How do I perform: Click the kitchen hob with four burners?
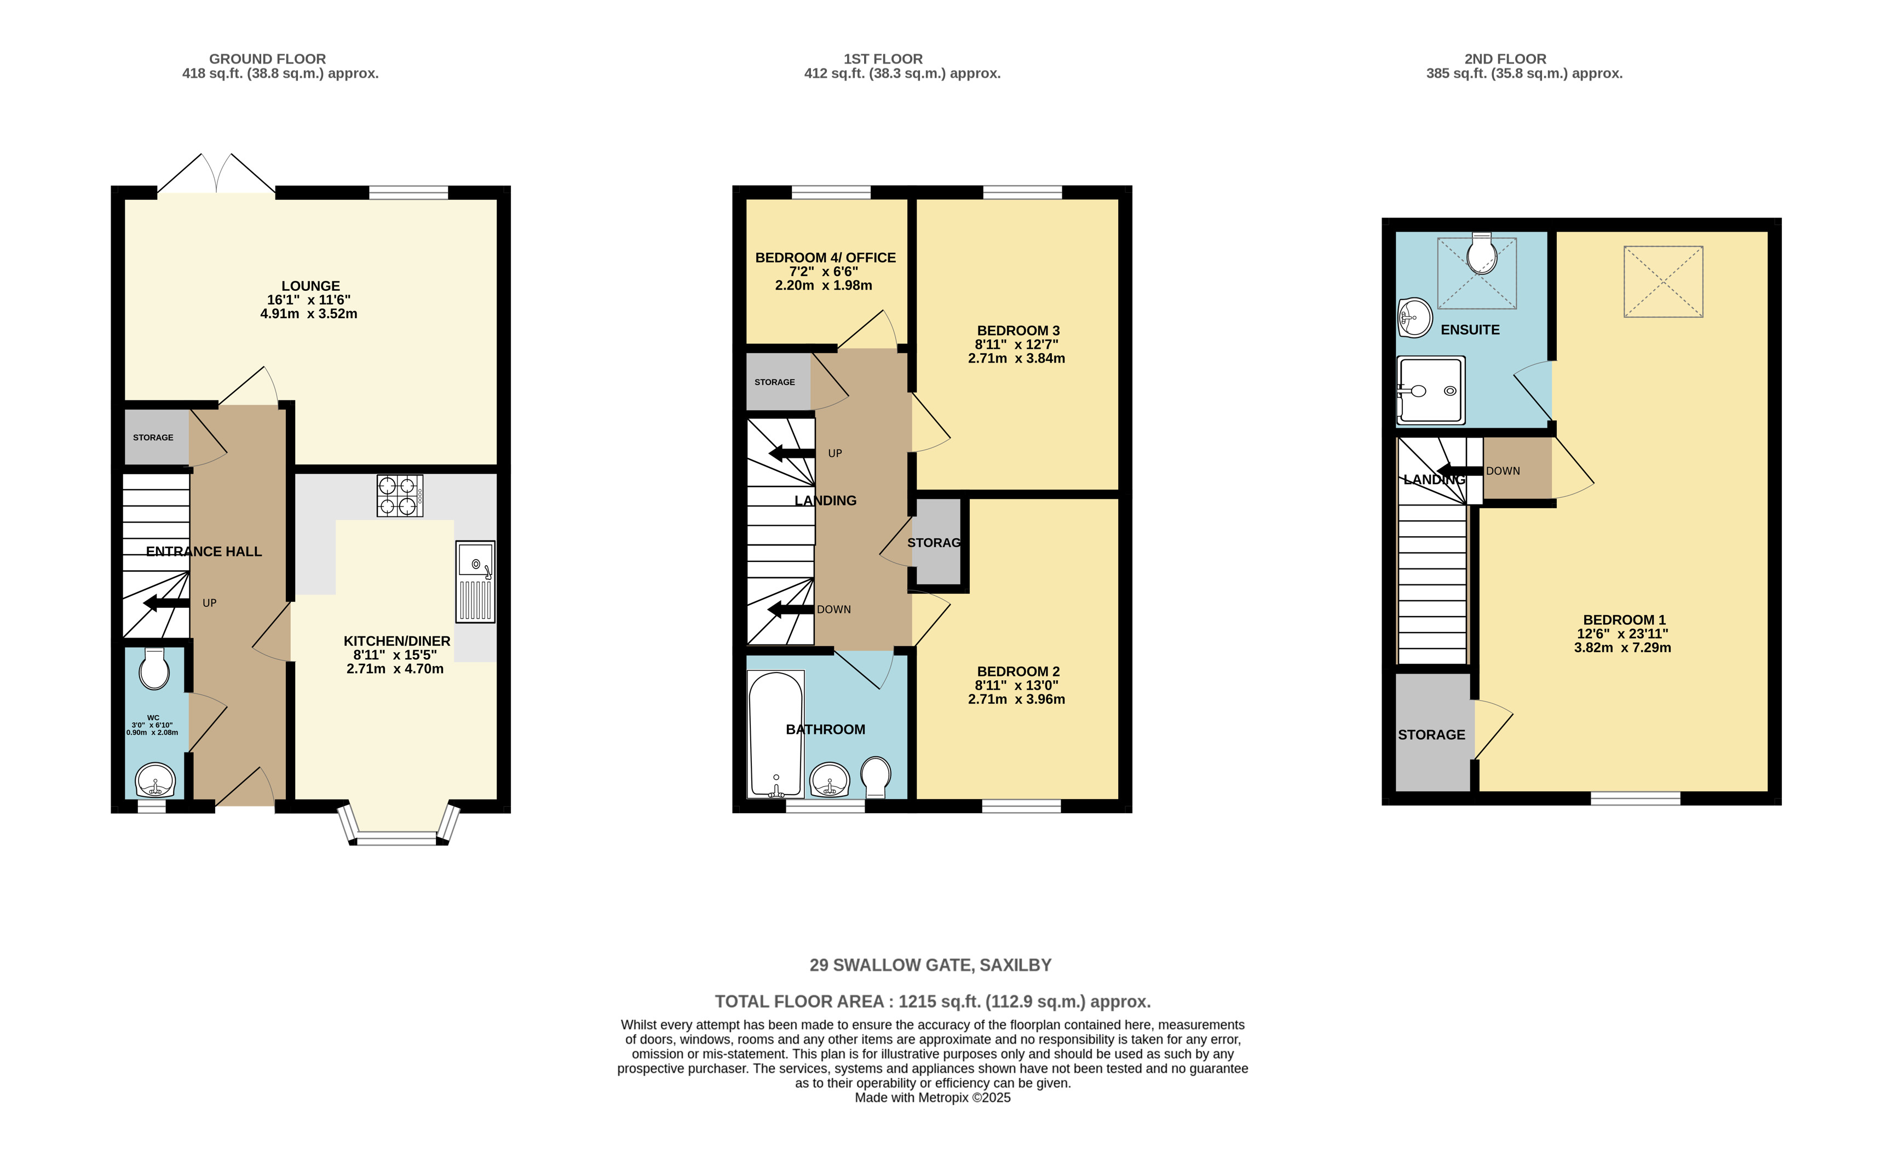click(x=400, y=496)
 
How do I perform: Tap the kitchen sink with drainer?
click(x=475, y=582)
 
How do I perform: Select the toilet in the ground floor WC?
click(x=154, y=670)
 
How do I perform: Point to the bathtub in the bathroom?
click(x=776, y=734)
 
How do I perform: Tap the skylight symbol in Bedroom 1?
click(x=1664, y=281)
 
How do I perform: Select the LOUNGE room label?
click(x=310, y=286)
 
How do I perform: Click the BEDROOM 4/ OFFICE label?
click(x=825, y=258)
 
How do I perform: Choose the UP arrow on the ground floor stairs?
click(x=166, y=603)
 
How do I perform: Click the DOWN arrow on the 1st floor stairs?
click(x=791, y=610)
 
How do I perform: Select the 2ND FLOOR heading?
click(x=1505, y=59)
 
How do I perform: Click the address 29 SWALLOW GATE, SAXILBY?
click(x=930, y=965)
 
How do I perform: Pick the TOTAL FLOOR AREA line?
click(x=932, y=1002)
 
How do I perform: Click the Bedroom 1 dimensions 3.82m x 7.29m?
click(x=1622, y=648)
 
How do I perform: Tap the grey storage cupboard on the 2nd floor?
click(x=1431, y=734)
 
